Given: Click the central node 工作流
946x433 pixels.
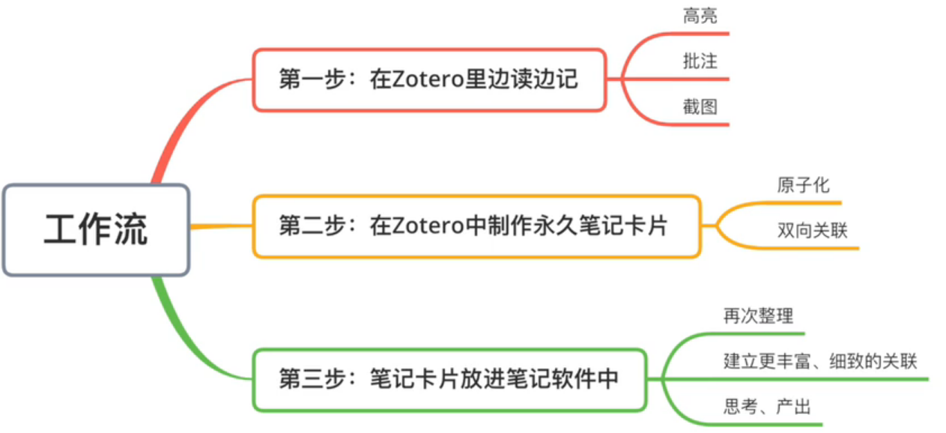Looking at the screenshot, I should click(96, 229).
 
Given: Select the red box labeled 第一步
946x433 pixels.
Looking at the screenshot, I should click(428, 80).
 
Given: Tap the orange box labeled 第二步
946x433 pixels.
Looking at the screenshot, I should click(476, 226).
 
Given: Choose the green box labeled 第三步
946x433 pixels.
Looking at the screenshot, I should click(449, 379).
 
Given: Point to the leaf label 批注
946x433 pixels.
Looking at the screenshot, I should click(700, 61).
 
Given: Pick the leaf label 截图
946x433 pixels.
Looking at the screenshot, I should click(700, 107).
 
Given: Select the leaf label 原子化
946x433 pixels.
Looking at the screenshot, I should click(804, 185).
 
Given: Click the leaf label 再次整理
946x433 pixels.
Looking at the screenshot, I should click(758, 316).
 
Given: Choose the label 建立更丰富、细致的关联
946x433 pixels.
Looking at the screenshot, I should click(820, 362).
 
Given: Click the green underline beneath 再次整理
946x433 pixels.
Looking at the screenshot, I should click(757, 333).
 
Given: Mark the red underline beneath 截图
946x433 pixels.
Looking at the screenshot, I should click(700, 124).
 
